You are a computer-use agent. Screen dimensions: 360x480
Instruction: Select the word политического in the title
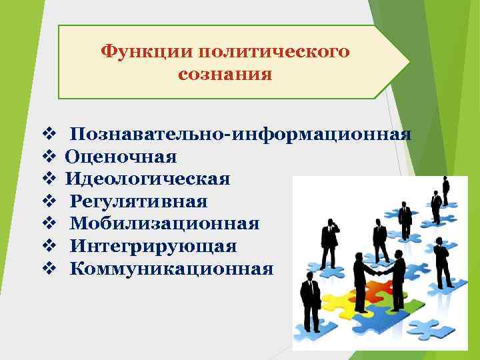(x=273, y=51)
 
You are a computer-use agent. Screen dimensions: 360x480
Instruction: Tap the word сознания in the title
(x=225, y=74)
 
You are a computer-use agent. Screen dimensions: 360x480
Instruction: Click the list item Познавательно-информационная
(x=240, y=134)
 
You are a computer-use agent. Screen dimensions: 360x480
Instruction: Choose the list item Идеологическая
(x=147, y=179)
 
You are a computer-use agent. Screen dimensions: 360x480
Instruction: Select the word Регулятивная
(x=139, y=201)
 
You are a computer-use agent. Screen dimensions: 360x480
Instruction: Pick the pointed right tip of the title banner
(x=408, y=62)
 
